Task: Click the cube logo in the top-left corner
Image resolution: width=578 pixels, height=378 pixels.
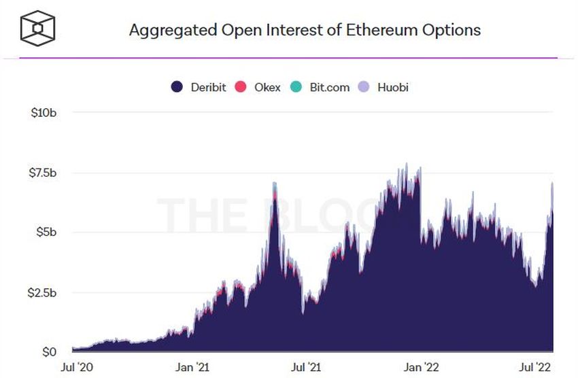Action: pyautogui.click(x=37, y=29)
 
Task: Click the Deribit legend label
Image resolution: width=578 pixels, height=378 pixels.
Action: pyautogui.click(x=207, y=87)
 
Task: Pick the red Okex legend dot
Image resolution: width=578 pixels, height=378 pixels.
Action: pyautogui.click(x=240, y=87)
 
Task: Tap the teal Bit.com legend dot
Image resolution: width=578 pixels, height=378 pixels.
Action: pyautogui.click(x=296, y=87)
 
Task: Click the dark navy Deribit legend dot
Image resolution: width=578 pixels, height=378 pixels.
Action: pyautogui.click(x=177, y=87)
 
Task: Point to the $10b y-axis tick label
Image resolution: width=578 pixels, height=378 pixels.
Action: pyautogui.click(x=44, y=112)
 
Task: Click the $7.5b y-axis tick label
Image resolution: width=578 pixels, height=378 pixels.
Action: pyautogui.click(x=41, y=173)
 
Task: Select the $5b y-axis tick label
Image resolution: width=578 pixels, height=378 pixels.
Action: pyautogui.click(x=46, y=232)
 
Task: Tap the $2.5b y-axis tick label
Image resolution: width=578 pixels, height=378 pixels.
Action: pyautogui.click(x=41, y=292)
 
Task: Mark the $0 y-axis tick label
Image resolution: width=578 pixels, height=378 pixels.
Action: pyautogui.click(x=49, y=352)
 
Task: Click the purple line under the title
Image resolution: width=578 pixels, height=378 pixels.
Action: pyautogui.click(x=288, y=58)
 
